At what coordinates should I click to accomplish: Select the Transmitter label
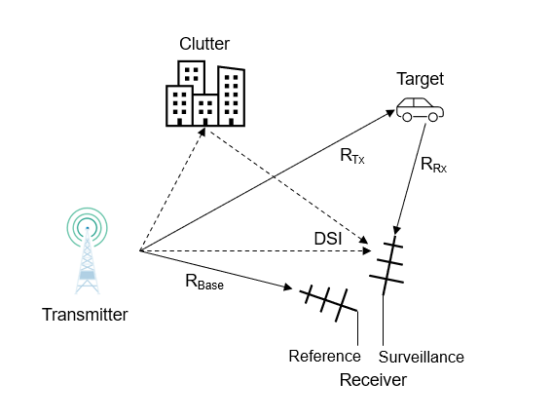point(85,314)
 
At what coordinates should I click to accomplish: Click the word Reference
point(325,356)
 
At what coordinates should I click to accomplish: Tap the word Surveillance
point(422,357)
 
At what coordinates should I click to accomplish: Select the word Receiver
point(373,380)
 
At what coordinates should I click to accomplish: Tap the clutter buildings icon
point(204,95)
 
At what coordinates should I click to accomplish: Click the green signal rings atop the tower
point(88,223)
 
